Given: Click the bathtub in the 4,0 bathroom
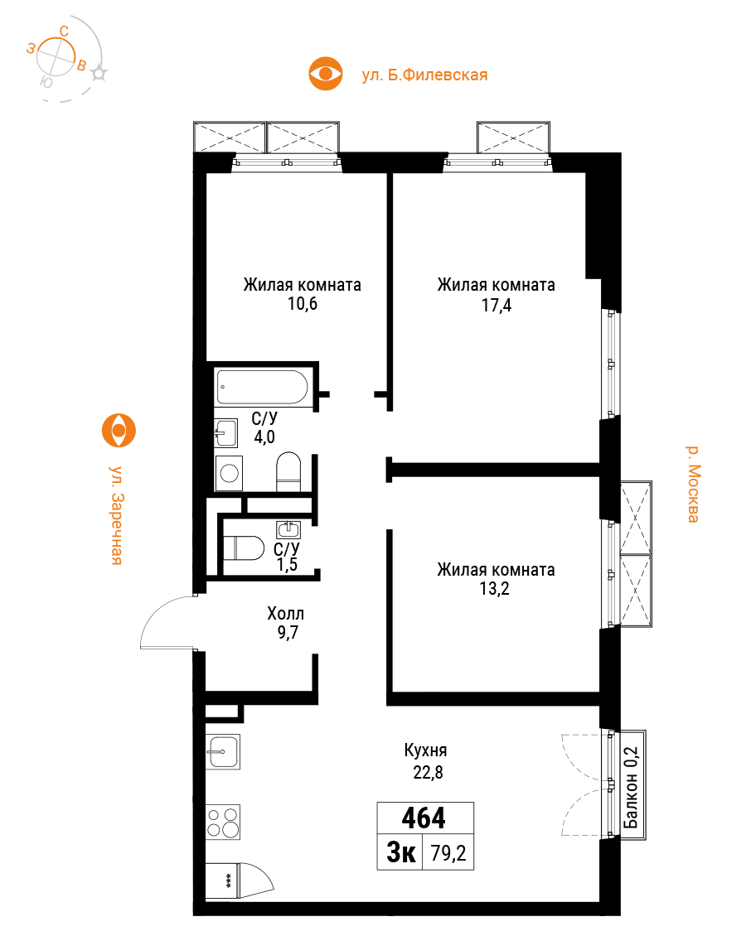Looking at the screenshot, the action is pos(262,388).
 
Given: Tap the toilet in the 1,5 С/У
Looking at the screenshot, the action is pos(244,548).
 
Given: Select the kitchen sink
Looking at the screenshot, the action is pos(223,751).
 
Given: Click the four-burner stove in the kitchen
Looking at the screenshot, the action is pos(223,822).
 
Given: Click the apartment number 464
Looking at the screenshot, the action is pos(424,818).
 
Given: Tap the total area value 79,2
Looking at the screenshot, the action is pos(448,853).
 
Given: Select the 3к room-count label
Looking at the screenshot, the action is pos(401,852).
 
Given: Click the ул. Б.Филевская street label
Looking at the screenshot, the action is pos(424,75).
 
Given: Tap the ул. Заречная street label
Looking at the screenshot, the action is pos(117,514).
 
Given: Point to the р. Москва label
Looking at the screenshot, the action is pos(692,484).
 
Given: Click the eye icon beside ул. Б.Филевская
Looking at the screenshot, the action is pos(326,74).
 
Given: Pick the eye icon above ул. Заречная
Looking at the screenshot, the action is pos(119,431).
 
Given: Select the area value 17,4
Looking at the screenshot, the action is pos(497,306).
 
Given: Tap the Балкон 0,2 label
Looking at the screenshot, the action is pos(631,788).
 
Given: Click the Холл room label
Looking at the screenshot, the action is pos(285,614).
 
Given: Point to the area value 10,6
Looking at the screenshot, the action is pos(303,304).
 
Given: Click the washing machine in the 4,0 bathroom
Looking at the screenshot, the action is pos(229,473).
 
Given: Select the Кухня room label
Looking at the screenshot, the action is pos(425,751).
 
